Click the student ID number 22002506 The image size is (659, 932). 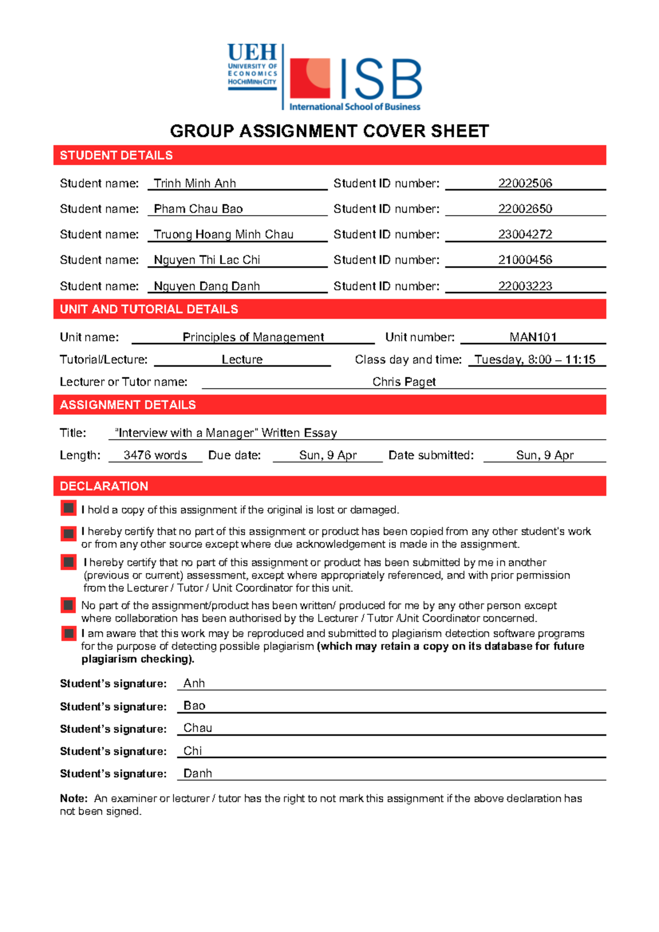(x=525, y=183)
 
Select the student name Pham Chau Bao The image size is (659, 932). (x=198, y=209)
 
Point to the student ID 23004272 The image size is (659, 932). (x=525, y=234)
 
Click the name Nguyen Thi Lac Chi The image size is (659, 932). (x=207, y=260)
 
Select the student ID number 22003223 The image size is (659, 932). (x=525, y=286)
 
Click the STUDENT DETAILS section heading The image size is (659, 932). (x=116, y=155)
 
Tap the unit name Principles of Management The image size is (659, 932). (x=253, y=337)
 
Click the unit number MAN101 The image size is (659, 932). (x=533, y=337)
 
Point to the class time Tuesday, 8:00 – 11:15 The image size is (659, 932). (x=535, y=360)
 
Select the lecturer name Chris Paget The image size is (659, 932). (x=404, y=381)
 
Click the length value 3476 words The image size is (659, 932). (x=155, y=455)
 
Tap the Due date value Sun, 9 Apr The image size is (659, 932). (x=328, y=455)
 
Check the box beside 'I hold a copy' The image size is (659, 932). (x=69, y=508)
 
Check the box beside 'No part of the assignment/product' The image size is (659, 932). (x=69, y=605)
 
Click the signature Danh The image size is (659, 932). (x=198, y=773)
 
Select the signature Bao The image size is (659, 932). (x=194, y=705)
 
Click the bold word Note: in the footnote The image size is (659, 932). (x=74, y=798)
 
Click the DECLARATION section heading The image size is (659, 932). (x=104, y=486)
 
